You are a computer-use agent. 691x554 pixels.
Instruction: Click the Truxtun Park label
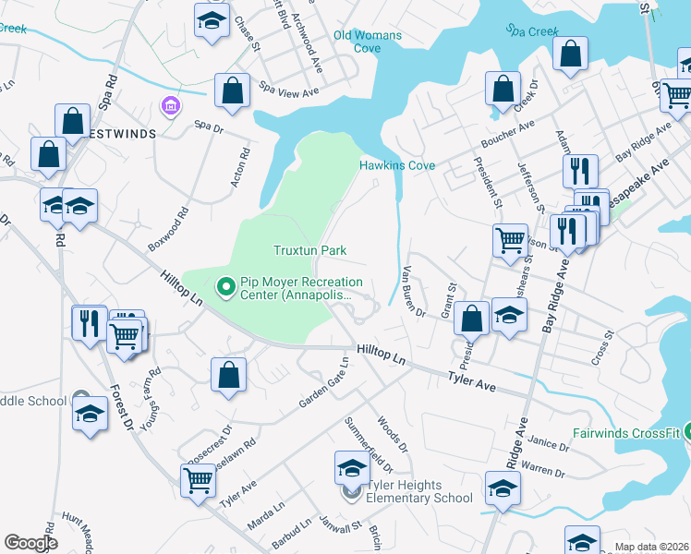point(309,250)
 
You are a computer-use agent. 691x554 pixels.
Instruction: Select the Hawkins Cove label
point(396,166)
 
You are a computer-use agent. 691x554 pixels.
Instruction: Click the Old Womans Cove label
point(368,42)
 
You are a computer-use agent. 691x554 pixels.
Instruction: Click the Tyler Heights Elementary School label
point(419,491)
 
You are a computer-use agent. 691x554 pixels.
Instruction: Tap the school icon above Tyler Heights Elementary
point(352,469)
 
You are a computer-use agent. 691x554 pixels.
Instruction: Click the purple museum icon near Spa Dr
point(170,107)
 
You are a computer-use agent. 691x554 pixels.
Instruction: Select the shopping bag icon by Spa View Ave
point(232,91)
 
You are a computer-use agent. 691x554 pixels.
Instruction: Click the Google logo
point(30,543)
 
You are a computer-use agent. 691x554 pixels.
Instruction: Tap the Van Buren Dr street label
point(413,292)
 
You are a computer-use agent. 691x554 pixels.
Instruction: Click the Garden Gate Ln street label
point(322,390)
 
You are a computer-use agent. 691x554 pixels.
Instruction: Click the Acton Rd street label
point(240,166)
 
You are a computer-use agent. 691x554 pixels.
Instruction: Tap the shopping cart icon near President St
point(510,242)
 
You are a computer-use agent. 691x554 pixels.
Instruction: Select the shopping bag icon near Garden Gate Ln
point(229,376)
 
